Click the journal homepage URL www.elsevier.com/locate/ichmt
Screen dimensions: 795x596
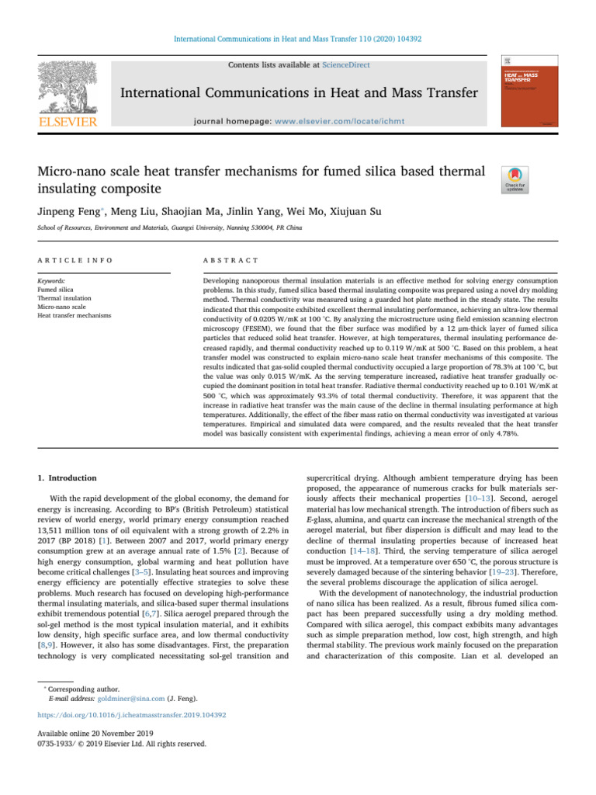tap(344, 122)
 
